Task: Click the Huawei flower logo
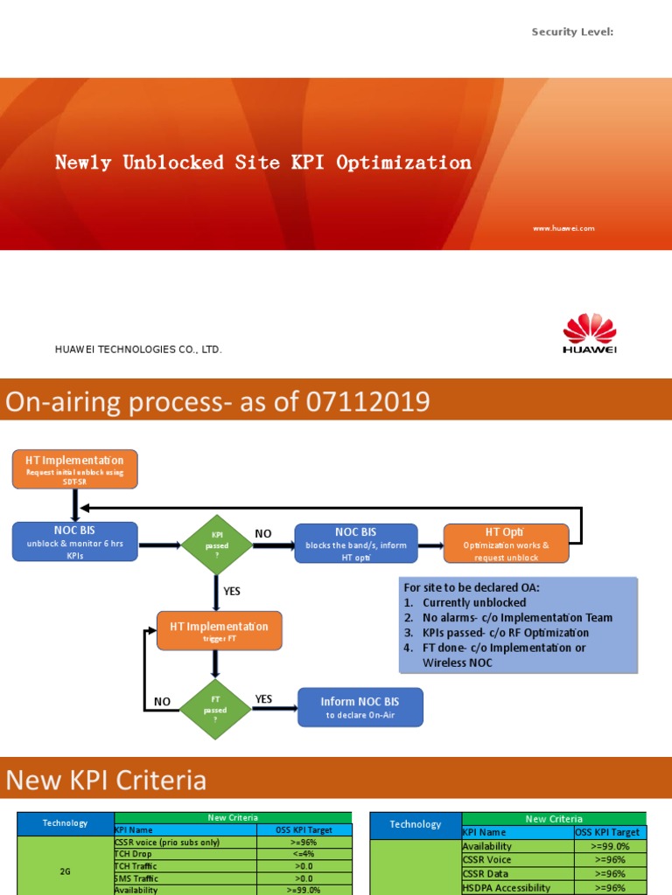[x=589, y=330]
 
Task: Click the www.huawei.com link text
[x=563, y=228]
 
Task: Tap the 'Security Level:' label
[x=572, y=32]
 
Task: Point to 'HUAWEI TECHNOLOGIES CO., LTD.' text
[x=139, y=350]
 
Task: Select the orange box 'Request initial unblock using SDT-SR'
[x=74, y=468]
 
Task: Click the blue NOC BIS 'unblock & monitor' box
[x=74, y=542]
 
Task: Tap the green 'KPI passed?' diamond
[x=216, y=545]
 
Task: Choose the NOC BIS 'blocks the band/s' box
[x=356, y=544]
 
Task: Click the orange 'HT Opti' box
[x=506, y=544]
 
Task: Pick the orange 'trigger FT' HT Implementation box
[x=219, y=631]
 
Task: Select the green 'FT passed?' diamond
[x=215, y=709]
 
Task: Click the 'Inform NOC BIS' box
[x=360, y=706]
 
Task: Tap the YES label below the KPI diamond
[x=232, y=592]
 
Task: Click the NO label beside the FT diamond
[x=163, y=701]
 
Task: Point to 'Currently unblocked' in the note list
[x=473, y=603]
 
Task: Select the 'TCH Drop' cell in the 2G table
[x=134, y=854]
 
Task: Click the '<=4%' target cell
[x=304, y=854]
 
